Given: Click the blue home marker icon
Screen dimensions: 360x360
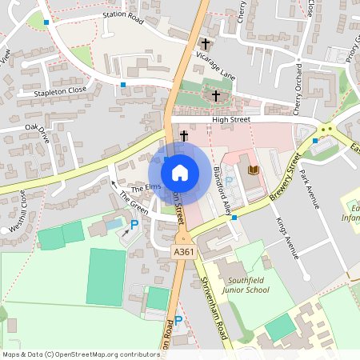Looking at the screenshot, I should click(180, 172).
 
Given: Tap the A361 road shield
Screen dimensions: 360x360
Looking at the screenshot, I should click(184, 252).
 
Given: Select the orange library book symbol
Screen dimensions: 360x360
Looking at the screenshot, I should click(254, 170).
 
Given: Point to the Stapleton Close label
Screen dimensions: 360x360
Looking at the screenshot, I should click(60, 91).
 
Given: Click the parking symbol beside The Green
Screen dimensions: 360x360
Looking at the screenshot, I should click(134, 226).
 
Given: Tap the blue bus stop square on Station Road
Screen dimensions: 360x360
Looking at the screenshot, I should click(47, 22).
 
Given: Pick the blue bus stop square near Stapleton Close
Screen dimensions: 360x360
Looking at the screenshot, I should click(123, 84).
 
